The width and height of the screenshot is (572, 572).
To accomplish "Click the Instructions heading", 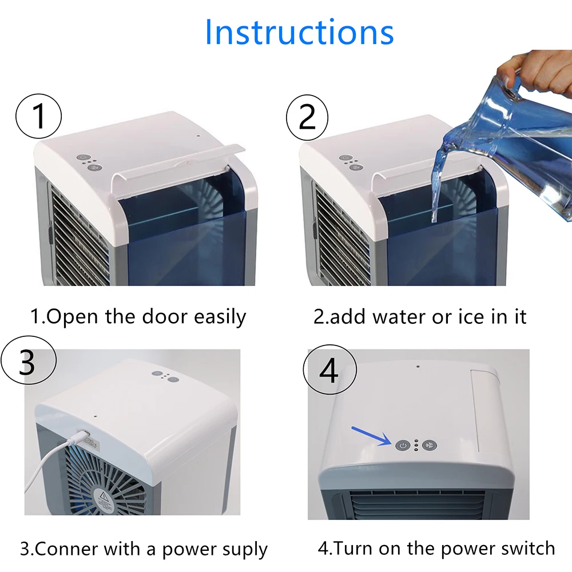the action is click(299, 32).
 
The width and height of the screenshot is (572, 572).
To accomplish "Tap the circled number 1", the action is click(39, 116).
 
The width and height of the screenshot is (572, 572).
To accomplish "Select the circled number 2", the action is click(307, 117).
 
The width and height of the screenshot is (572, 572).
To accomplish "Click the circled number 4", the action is click(330, 370).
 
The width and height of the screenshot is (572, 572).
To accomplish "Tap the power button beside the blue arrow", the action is click(402, 446).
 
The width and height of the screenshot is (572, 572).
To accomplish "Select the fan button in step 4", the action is click(430, 446).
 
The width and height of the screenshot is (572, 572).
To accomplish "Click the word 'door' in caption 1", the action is click(165, 316).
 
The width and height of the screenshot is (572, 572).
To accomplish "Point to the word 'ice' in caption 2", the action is click(471, 317).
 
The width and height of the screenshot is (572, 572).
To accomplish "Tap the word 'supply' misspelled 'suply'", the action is click(241, 550).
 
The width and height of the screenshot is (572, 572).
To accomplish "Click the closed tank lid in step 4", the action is click(485, 410).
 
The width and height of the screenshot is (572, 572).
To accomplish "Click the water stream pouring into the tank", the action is click(438, 186).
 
